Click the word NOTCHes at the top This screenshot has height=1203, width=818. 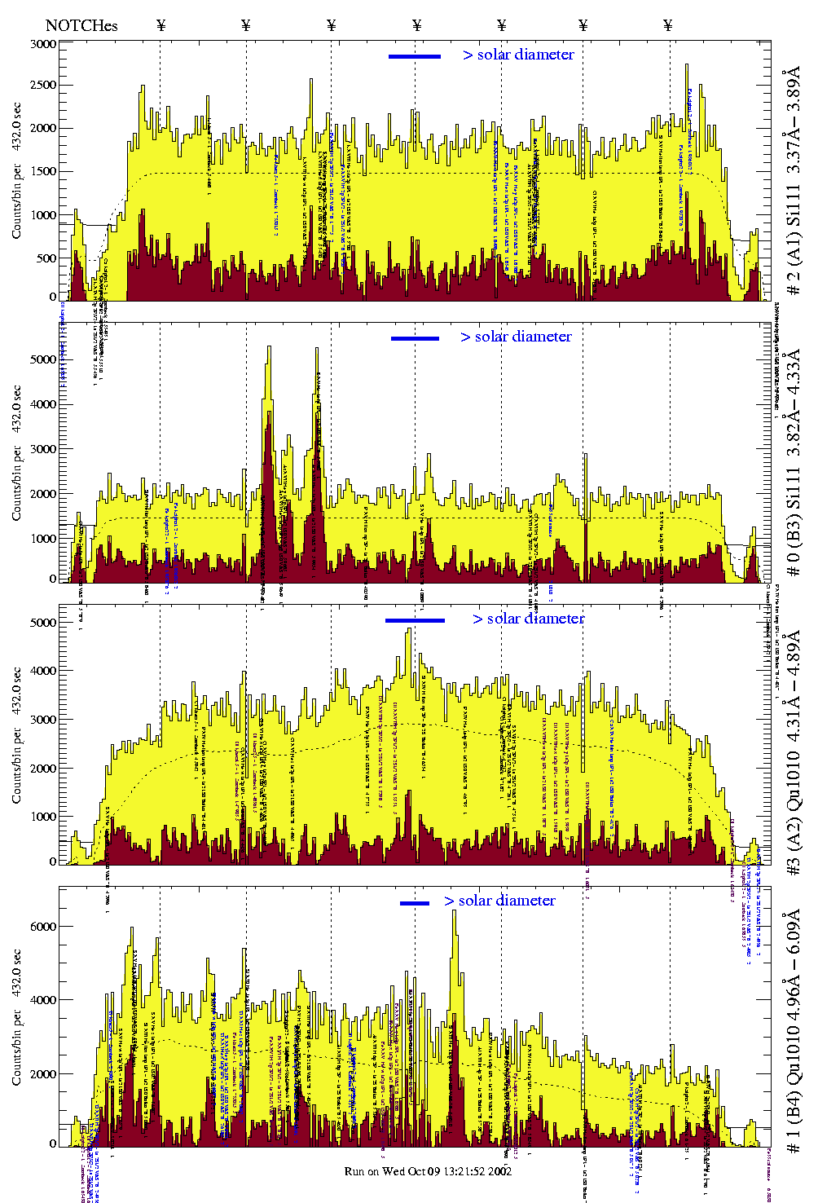(x=81, y=25)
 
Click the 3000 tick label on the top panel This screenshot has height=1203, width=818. (x=43, y=44)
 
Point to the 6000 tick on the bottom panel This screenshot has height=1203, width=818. (x=43, y=927)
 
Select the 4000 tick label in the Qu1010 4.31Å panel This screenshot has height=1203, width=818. (x=43, y=671)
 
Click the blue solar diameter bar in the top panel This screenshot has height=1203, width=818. (x=415, y=56)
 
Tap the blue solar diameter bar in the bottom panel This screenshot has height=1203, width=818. (x=415, y=903)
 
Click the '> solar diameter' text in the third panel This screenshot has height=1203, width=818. (x=528, y=619)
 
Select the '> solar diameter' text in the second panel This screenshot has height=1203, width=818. (x=516, y=337)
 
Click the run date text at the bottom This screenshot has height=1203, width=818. (x=428, y=1171)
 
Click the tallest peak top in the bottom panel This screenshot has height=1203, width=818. (x=455, y=911)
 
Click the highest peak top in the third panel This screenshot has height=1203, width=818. (x=409, y=629)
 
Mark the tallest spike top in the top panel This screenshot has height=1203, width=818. (x=687, y=65)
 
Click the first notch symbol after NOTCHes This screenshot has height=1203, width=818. (x=161, y=25)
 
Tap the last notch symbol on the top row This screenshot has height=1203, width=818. (x=668, y=25)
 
